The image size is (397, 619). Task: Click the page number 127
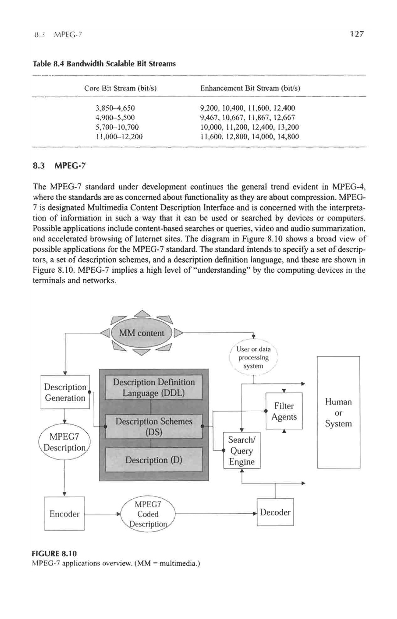click(x=356, y=34)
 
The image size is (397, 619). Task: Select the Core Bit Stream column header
click(x=120, y=88)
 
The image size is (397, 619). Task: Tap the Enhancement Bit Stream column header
click(x=250, y=88)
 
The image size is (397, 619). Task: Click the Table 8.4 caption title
click(x=104, y=64)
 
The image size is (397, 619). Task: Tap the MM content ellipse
click(x=142, y=333)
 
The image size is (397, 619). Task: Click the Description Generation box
click(x=65, y=392)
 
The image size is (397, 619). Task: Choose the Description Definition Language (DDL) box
click(x=154, y=388)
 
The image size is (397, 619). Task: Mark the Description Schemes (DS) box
click(x=154, y=426)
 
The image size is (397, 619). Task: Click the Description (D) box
click(x=154, y=460)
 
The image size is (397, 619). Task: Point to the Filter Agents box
click(x=284, y=411)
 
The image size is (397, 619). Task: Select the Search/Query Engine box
click(x=242, y=450)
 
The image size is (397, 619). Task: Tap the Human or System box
click(x=339, y=412)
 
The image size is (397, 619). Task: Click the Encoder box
click(x=64, y=514)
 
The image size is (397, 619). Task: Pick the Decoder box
click(x=275, y=512)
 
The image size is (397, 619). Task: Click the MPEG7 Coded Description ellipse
click(x=148, y=514)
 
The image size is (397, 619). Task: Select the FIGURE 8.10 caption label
click(x=54, y=554)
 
